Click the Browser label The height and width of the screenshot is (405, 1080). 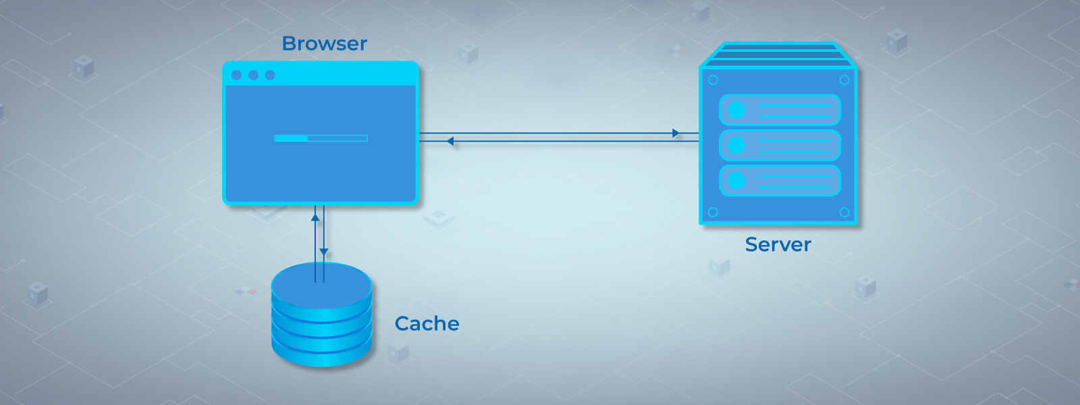click(x=324, y=44)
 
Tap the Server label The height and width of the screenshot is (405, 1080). click(x=778, y=244)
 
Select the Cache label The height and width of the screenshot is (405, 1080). click(x=427, y=324)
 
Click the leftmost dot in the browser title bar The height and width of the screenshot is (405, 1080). click(x=236, y=75)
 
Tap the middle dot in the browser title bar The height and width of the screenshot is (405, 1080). click(x=253, y=75)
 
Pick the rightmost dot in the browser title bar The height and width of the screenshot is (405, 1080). click(x=270, y=75)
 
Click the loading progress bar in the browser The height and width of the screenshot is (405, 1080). click(x=321, y=138)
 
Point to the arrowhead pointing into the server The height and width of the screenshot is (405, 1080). click(x=676, y=133)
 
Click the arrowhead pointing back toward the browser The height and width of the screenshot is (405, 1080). click(x=450, y=141)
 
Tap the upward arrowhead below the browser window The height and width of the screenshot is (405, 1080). click(x=315, y=217)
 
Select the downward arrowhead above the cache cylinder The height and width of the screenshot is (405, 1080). click(x=324, y=252)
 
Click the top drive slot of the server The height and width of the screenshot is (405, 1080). click(x=780, y=110)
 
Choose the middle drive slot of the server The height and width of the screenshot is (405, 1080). click(x=780, y=145)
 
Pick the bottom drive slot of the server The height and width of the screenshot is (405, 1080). click(x=780, y=181)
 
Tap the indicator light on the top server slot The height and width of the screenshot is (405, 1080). click(x=736, y=110)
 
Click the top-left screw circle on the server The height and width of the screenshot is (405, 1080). click(x=713, y=80)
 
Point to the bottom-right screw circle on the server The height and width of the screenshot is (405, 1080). click(x=844, y=212)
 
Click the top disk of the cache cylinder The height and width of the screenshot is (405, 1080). click(x=321, y=283)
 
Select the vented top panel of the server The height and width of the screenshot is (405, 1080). click(x=778, y=55)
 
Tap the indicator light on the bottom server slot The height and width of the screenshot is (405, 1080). click(x=736, y=181)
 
